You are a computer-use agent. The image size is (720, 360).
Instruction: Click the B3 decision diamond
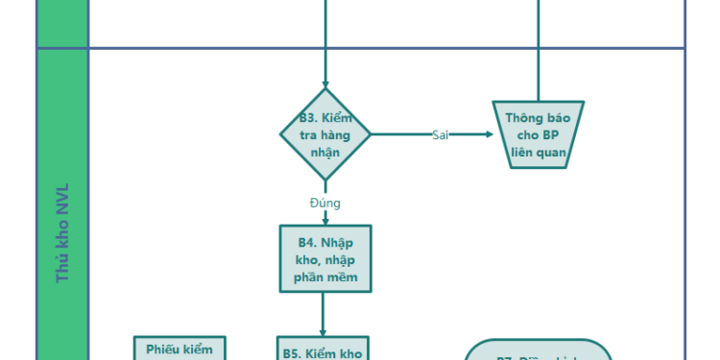325,134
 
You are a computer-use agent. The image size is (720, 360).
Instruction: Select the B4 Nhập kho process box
325,258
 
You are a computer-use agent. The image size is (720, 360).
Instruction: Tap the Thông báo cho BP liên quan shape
539,134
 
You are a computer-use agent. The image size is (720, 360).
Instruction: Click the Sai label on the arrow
441,134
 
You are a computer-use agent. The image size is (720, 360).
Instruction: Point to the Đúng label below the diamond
325,203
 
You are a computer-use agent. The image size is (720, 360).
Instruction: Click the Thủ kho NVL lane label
62,230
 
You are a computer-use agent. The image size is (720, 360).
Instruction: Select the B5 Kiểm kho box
322,349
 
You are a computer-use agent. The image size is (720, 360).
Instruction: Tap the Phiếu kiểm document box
180,349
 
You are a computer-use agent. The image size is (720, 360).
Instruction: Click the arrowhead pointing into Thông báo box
487,134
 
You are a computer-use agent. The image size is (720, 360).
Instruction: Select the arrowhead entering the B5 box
322,331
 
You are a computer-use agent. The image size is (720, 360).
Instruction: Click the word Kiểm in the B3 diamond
337,118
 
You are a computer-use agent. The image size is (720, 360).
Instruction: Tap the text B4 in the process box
307,242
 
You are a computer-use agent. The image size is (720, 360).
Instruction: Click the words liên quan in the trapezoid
539,152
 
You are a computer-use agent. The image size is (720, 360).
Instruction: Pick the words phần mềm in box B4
325,277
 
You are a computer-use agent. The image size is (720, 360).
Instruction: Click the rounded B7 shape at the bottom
539,351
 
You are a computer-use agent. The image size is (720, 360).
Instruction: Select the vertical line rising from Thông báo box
539,58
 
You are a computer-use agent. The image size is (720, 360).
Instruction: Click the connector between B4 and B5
322,312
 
